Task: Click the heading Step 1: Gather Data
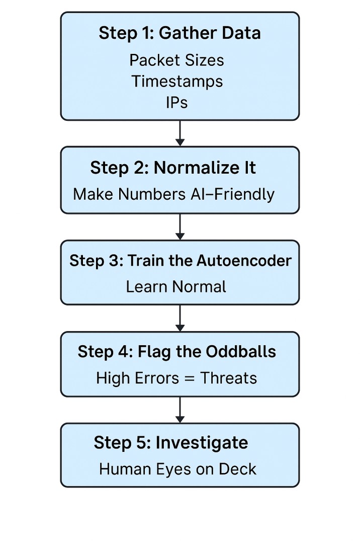[179, 33]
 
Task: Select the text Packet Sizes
[176, 60]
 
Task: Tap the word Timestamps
[177, 81]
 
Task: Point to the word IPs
[176, 103]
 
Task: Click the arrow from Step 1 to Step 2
[180, 133]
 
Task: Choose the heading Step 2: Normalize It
[173, 168]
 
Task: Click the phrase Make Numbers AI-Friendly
[174, 194]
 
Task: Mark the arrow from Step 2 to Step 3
[180, 227]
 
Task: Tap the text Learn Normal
[176, 287]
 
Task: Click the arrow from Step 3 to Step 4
[180, 318]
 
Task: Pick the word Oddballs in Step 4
[241, 351]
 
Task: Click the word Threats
[229, 378]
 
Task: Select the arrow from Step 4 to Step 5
[180, 410]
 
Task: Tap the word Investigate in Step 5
[202, 443]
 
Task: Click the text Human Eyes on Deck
[177, 469]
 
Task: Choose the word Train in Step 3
[143, 261]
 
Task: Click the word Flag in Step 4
[153, 351]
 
